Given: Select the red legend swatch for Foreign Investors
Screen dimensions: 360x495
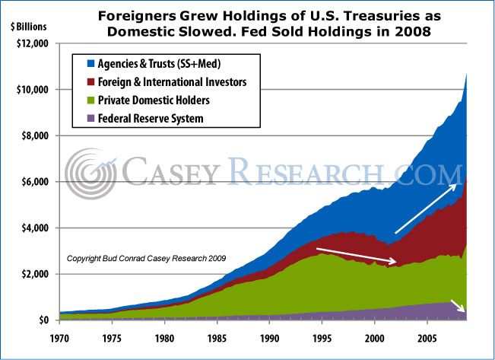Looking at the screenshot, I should pyautogui.click(x=80, y=80).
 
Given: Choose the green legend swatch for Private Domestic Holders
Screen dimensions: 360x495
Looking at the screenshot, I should pyautogui.click(x=80, y=99).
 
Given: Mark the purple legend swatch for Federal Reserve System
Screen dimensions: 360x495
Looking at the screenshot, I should pyautogui.click(x=80, y=117).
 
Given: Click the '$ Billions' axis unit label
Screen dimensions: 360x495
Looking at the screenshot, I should pyautogui.click(x=27, y=25).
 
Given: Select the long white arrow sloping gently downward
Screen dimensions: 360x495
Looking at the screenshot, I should pyautogui.click(x=356, y=256).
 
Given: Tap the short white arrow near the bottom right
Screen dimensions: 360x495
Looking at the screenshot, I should pyautogui.click(x=459, y=307).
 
